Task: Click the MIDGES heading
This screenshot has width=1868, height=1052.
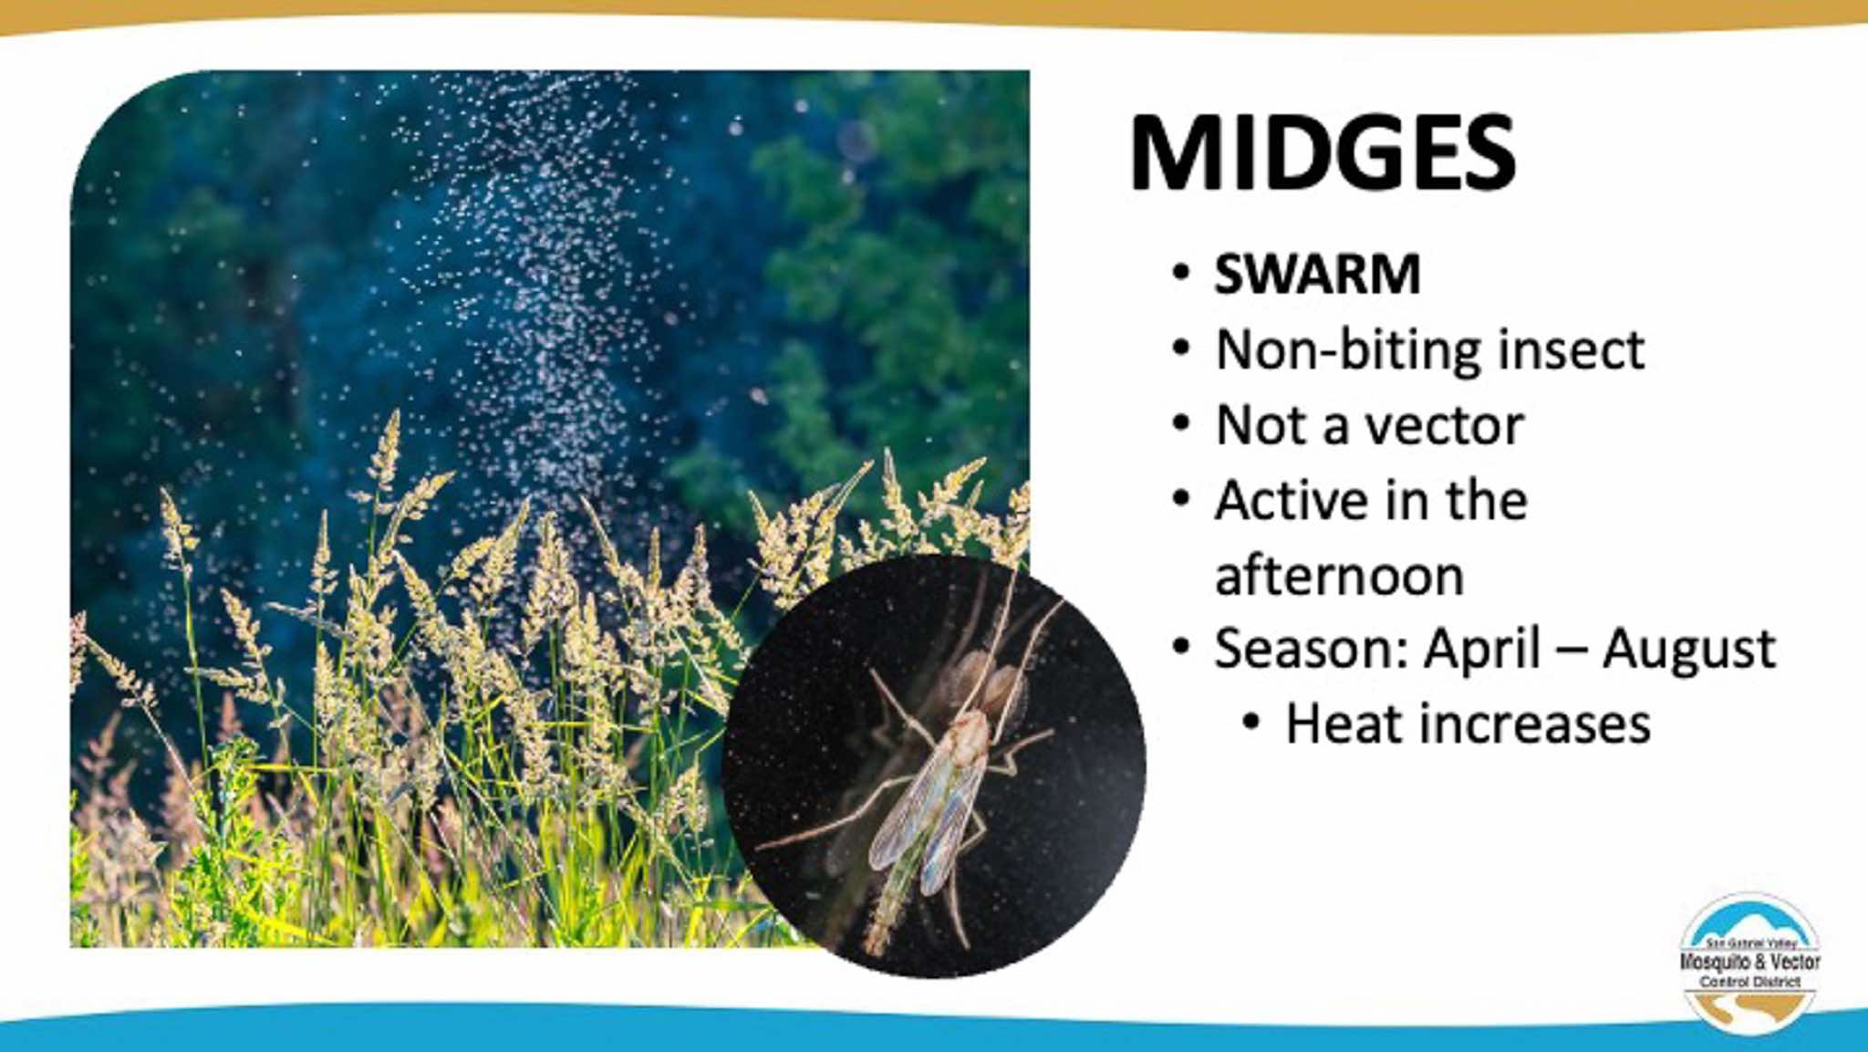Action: pos(1322,153)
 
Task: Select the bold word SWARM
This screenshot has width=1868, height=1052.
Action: pos(1317,274)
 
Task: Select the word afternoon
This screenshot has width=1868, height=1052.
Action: pos(1339,577)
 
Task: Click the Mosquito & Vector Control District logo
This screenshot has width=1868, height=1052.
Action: pos(1749,961)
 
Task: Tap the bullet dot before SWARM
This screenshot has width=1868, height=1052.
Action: pos(1182,273)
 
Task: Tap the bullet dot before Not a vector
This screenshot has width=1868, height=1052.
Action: pos(1182,424)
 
